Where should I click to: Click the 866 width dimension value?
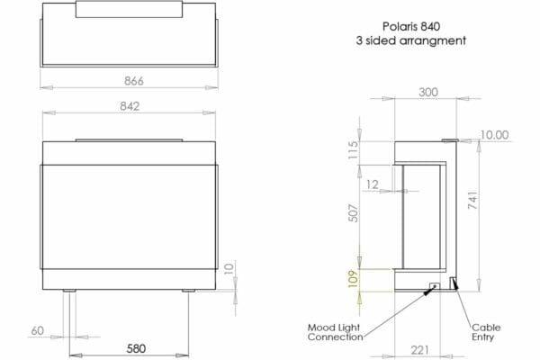133,81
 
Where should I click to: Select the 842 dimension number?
130,106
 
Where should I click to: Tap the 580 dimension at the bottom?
136,348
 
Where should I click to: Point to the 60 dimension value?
38,330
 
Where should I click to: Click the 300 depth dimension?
428,93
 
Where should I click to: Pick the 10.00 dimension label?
494,135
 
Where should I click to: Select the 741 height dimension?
472,201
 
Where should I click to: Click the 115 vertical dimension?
353,150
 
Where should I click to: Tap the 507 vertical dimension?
353,213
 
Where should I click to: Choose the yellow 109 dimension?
353,279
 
